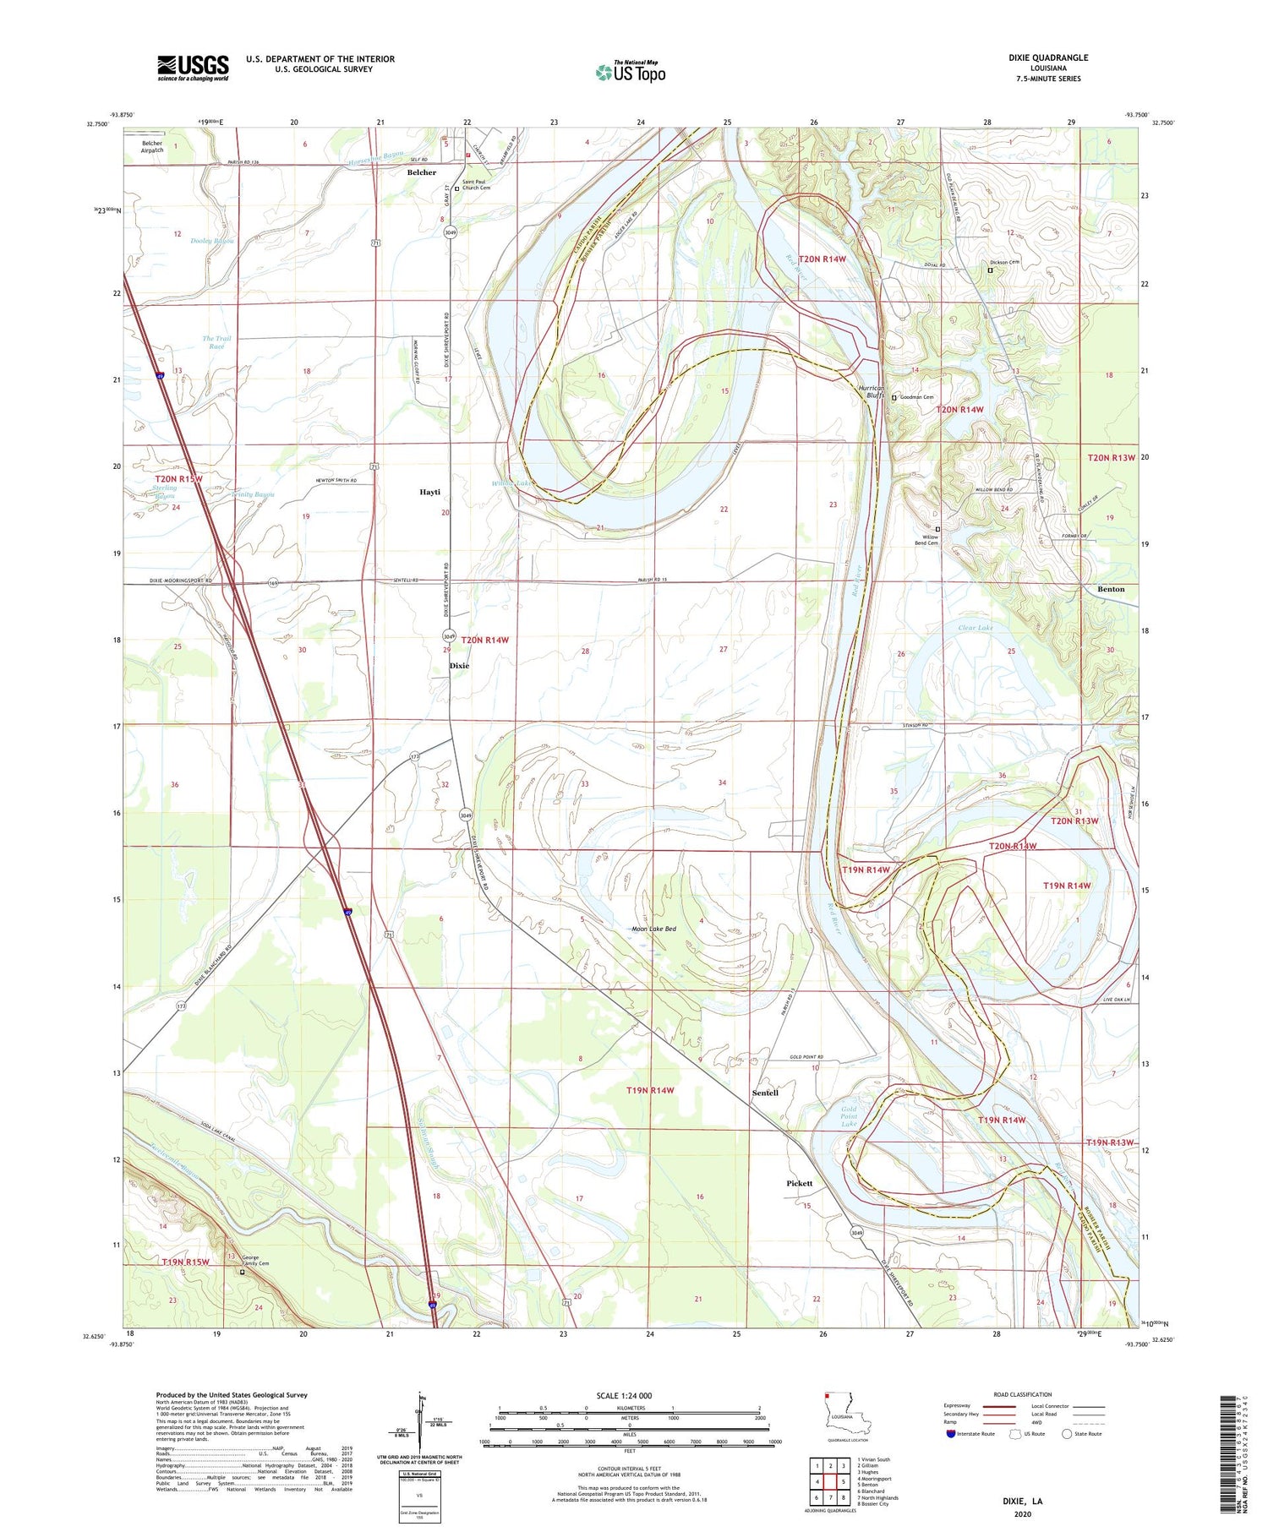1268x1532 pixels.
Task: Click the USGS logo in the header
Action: (x=193, y=68)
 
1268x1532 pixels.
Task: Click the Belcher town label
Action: (x=422, y=172)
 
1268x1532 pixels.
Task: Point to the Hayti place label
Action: (x=430, y=492)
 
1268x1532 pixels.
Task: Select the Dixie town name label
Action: (x=459, y=666)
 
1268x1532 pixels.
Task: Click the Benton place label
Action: (x=1111, y=589)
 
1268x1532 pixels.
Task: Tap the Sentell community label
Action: (x=765, y=1093)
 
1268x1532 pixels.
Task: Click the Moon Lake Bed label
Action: (x=654, y=930)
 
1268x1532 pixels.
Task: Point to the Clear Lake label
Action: (x=975, y=628)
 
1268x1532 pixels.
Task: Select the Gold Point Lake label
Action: (x=849, y=1116)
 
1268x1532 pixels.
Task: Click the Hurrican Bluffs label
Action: (x=872, y=392)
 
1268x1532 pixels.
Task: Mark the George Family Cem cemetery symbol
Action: (x=242, y=1272)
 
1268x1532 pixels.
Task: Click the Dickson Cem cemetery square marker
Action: (x=991, y=270)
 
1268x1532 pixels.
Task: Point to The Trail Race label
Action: (x=216, y=342)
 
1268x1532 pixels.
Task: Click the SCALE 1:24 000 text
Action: (x=624, y=1395)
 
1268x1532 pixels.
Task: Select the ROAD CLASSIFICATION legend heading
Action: (x=1022, y=1394)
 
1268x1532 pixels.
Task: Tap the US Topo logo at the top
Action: (x=630, y=72)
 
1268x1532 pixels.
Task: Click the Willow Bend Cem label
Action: (x=929, y=540)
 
